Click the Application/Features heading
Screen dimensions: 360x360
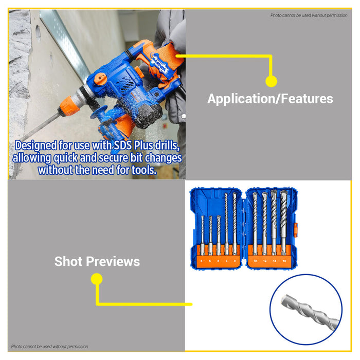pos(270,99)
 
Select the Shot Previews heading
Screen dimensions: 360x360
pos(97,261)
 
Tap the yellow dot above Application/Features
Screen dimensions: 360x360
pos(271,81)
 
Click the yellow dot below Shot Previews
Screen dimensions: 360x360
pos(96,279)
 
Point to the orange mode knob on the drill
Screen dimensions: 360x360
pos(100,79)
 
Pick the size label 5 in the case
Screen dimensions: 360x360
pos(202,261)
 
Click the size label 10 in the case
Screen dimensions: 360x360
pos(255,261)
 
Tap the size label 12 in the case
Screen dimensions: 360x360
pos(264,261)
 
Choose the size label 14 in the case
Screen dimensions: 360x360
pos(274,261)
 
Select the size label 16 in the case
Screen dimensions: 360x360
pos(284,261)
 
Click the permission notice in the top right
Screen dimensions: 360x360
pos(309,15)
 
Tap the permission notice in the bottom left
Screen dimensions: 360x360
pos(50,347)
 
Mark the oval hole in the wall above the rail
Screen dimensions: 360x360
pos(38,32)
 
